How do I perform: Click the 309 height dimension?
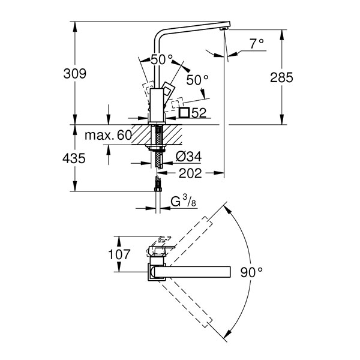tap(75, 74)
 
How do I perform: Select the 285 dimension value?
tap(281, 77)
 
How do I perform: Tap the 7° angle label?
tap(257, 44)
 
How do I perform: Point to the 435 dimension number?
tap(74, 158)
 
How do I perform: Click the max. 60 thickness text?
tap(108, 135)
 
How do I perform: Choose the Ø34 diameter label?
tap(189, 157)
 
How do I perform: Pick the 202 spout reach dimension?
tap(190, 173)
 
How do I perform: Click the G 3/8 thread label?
tap(184, 202)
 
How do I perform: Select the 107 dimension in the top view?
tap(119, 254)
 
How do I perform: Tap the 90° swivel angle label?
tap(251, 272)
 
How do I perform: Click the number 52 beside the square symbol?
tap(199, 113)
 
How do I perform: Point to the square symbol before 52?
tap(184, 113)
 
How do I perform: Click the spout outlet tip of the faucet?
tap(224, 29)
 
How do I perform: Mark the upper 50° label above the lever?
tap(161, 59)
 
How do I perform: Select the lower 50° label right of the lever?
tap(197, 80)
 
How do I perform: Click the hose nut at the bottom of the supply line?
tap(158, 189)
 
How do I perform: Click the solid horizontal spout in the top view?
tap(193, 272)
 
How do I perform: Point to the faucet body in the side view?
tap(157, 105)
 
